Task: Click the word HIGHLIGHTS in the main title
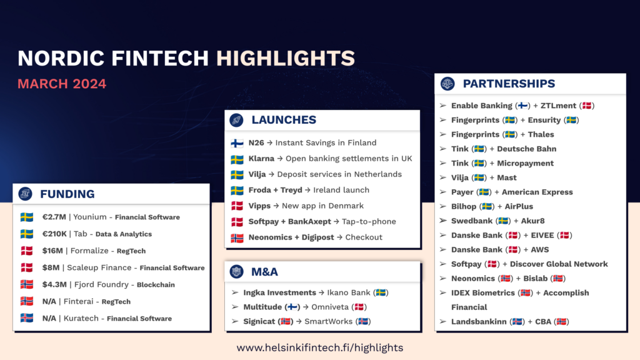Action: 285,58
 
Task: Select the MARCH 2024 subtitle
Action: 62,84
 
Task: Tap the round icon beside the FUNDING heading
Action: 25,194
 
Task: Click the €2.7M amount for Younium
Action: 54,217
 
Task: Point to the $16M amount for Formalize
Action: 52,251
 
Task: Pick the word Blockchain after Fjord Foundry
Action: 156,285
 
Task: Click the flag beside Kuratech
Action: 27,318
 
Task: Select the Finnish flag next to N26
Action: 237,143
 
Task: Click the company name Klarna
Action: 261,158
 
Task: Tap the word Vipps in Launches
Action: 259,206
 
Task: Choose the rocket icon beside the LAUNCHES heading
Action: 236,120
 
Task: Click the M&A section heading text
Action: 264,272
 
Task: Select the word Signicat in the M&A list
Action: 259,322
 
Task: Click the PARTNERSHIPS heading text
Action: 509,84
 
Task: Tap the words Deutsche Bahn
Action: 526,149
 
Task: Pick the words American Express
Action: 537,192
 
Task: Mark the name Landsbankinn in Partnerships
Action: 479,322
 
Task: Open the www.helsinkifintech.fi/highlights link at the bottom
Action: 320,347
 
